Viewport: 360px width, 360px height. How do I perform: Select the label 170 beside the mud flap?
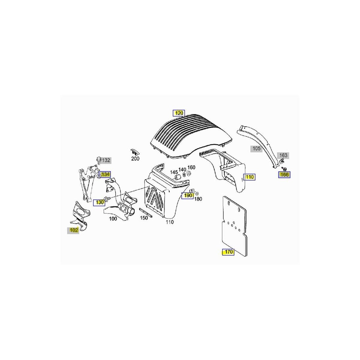click(x=228, y=252)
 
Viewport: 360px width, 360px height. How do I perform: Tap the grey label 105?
click(x=256, y=148)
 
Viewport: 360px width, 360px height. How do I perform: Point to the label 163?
click(x=283, y=155)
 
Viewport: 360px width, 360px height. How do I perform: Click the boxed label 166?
click(x=284, y=175)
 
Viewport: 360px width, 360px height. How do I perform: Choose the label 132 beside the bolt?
click(x=106, y=160)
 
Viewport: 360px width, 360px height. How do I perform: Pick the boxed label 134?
click(x=105, y=174)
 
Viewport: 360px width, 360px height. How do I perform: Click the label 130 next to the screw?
click(x=99, y=202)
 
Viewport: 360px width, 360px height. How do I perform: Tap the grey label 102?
click(x=73, y=230)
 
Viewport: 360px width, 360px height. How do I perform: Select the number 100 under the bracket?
click(x=113, y=219)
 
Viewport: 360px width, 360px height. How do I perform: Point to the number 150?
click(x=144, y=218)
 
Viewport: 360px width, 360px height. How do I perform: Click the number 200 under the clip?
click(x=135, y=159)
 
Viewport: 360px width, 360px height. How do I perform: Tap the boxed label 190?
click(x=188, y=195)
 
